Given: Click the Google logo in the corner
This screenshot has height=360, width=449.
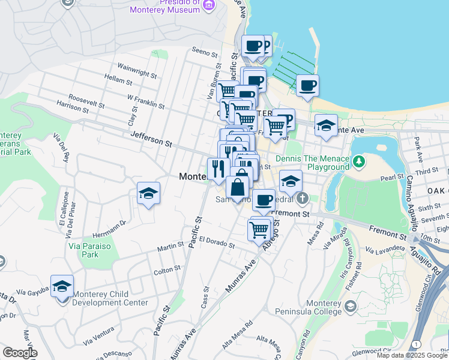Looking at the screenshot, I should coord(20,353).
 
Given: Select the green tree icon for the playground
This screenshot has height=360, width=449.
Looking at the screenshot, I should coord(359,161).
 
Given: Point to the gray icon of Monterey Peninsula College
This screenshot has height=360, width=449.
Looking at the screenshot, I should coord(351,307).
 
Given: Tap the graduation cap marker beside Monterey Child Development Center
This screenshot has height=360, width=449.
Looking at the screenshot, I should coord(62,287).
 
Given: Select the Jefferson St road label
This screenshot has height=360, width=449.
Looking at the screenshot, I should coord(151,140).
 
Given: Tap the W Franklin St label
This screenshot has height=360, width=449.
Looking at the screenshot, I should coord(145,100).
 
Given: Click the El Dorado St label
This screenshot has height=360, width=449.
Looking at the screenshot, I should coord(216,241).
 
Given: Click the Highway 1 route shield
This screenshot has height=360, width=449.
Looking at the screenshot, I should coord(415,343).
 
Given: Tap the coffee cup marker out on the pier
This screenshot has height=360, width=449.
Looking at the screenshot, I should coord(307,85).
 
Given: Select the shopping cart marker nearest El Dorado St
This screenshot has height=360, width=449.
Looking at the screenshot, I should coord(259,229).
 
